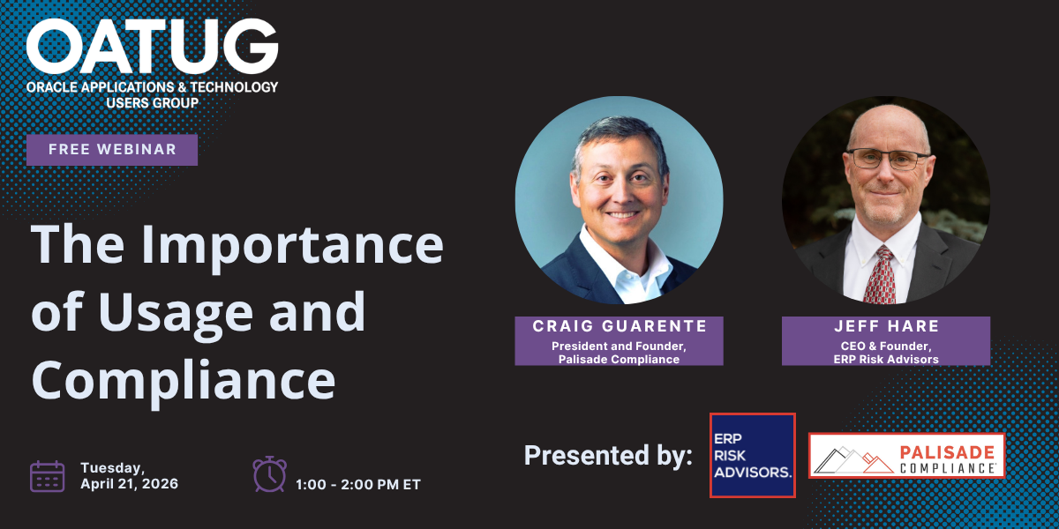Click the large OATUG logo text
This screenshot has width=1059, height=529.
coord(152,47)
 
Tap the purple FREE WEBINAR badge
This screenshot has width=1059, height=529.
coord(112,150)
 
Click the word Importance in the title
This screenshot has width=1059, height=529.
coord(292,247)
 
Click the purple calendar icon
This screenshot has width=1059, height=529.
coord(48,476)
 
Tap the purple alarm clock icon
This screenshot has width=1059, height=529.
coord(269,474)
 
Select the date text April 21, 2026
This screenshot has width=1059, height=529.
coord(130,484)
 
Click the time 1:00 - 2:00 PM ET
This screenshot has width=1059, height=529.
coord(358,485)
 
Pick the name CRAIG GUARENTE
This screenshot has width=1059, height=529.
coord(620,326)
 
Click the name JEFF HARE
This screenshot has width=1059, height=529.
coord(886,326)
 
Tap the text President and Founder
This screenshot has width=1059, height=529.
coord(619,346)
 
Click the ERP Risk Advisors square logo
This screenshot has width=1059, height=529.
coord(753,455)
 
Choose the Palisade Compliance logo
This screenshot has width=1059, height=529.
coord(907,456)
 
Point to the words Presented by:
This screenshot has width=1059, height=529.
coord(608,455)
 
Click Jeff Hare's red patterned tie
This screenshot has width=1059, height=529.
coord(880,275)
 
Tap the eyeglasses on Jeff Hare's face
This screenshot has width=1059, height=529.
coord(888,160)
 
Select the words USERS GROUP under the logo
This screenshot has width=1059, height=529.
coord(152,103)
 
